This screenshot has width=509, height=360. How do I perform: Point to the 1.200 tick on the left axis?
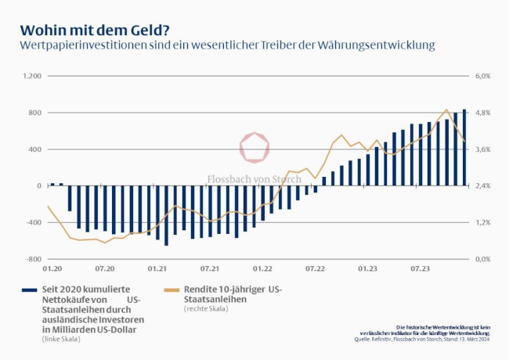(x=32, y=76)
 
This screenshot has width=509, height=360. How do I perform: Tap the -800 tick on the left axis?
(x=32, y=258)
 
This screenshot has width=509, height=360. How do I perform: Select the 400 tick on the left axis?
(x=34, y=149)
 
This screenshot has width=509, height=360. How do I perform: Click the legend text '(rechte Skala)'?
(x=206, y=309)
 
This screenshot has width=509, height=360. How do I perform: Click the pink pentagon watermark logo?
(x=254, y=148)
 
